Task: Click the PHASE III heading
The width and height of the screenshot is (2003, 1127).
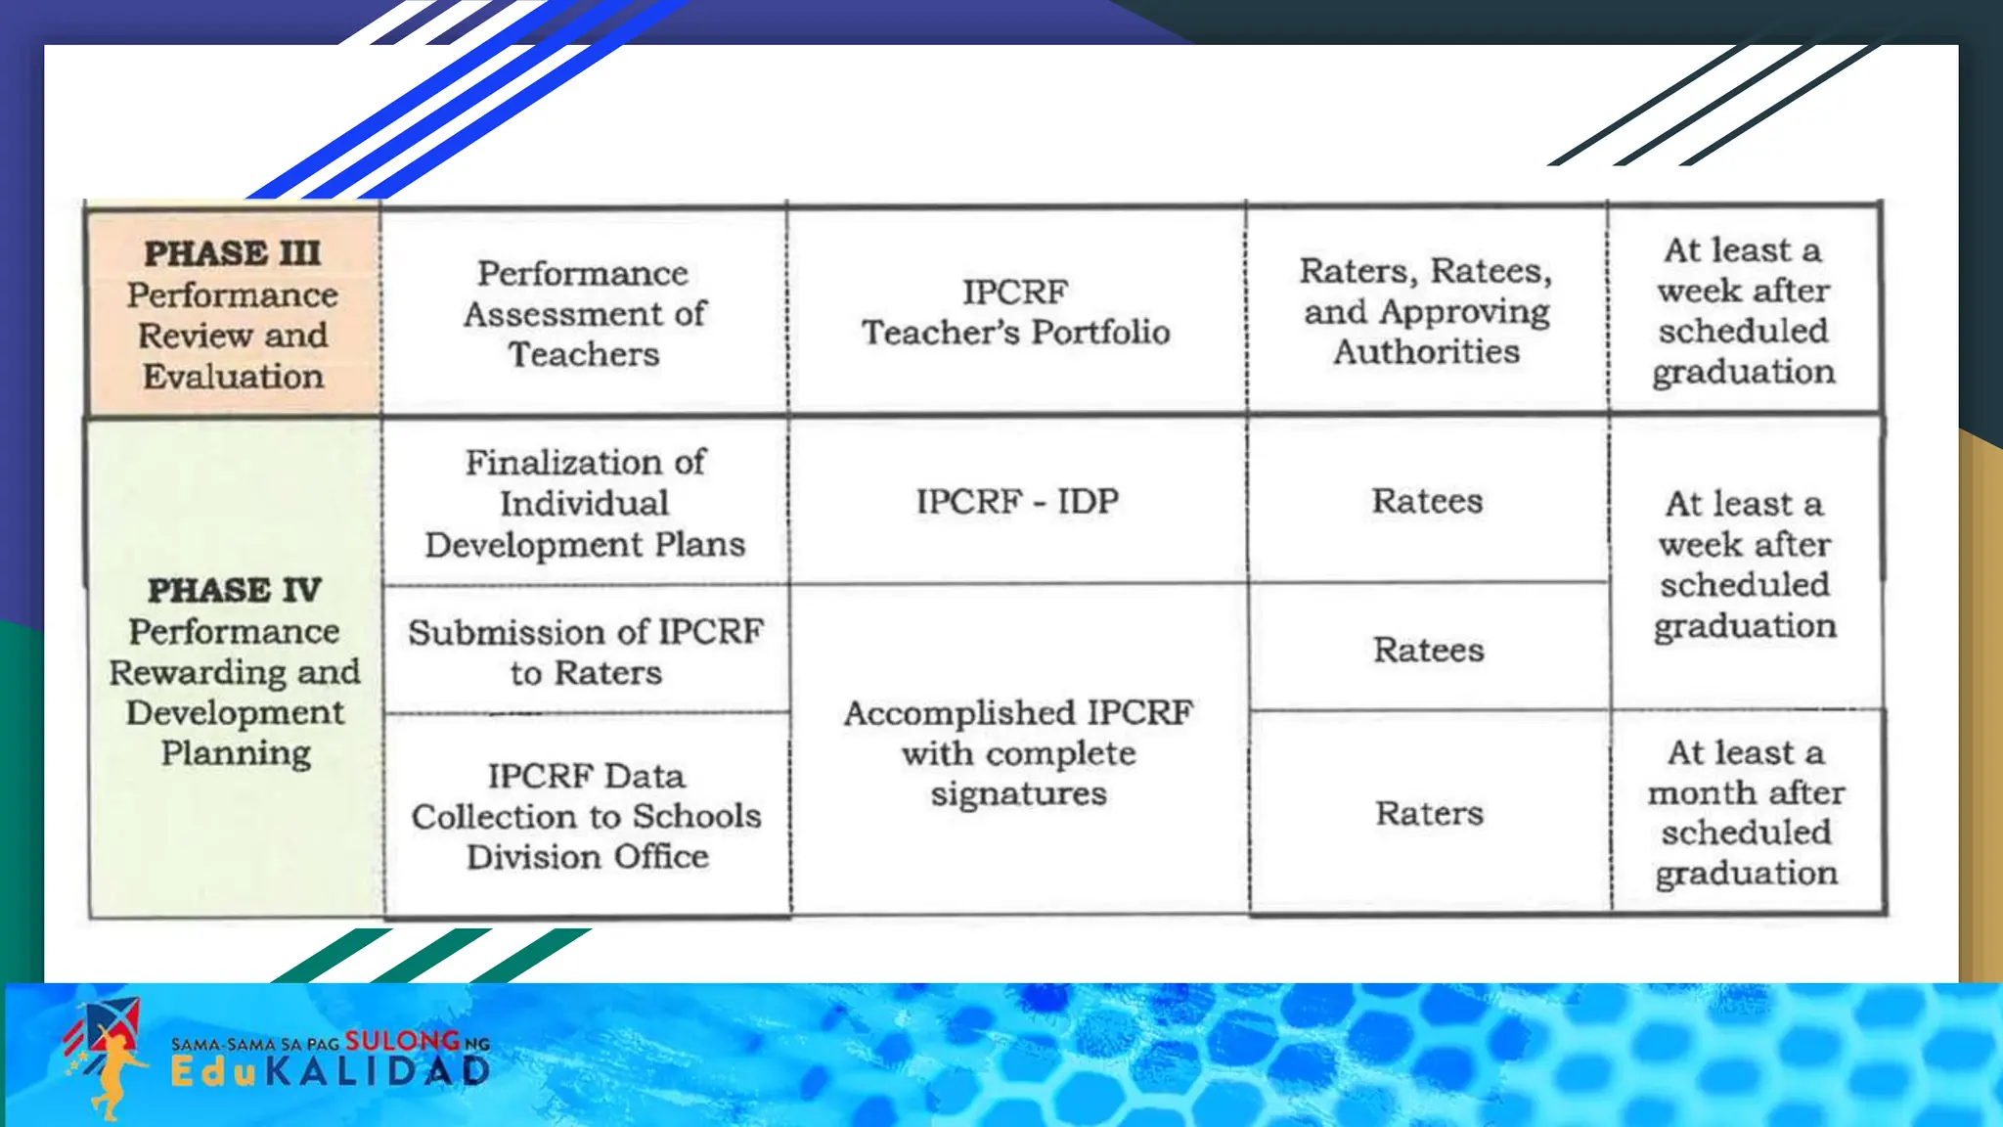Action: [233, 253]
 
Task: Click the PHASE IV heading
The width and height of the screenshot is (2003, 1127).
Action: [235, 590]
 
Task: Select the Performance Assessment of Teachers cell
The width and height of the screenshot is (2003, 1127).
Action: [584, 313]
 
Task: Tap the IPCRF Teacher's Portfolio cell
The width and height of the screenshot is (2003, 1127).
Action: [1015, 312]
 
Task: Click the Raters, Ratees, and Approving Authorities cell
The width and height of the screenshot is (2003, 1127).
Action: [1426, 311]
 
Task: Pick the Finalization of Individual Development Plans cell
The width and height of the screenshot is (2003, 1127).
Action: [584, 503]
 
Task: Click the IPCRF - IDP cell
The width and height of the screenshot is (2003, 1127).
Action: [1016, 501]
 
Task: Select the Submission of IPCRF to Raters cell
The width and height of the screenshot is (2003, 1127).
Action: [585, 652]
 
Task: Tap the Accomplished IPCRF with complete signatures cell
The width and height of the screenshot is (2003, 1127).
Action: [1018, 752]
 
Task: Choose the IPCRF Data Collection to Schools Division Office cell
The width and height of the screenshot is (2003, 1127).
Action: [586, 816]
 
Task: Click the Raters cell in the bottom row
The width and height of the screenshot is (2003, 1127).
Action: [1429, 813]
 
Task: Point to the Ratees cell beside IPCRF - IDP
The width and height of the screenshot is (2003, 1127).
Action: [1427, 501]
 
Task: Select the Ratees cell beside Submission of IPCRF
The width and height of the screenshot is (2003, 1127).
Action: [1428, 650]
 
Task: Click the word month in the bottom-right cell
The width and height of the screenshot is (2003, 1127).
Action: [1700, 792]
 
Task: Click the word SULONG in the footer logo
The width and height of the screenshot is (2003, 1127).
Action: [401, 1041]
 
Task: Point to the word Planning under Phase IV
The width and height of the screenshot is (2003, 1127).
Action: [236, 753]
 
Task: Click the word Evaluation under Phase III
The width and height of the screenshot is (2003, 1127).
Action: [233, 377]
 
